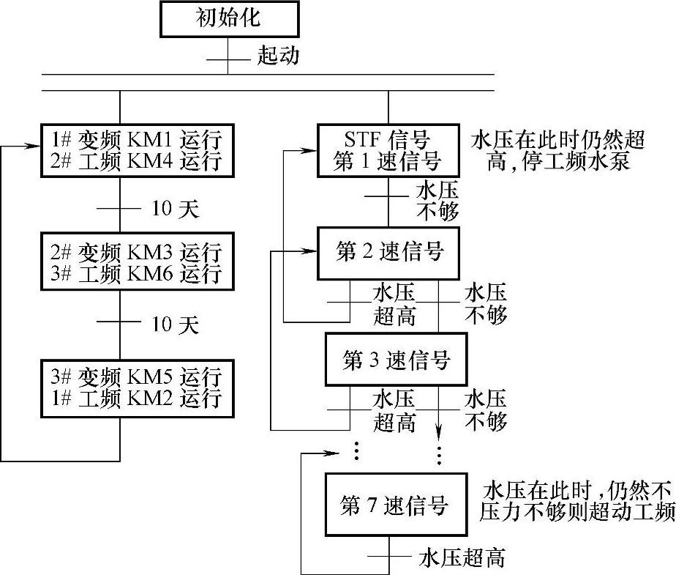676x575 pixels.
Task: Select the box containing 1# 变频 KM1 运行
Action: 137,149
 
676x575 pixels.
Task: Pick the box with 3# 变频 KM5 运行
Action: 137,389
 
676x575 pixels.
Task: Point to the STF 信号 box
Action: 388,150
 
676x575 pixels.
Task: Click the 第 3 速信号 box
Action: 396,360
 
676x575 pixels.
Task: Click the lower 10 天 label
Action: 175,324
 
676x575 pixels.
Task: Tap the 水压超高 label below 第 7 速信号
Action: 462,558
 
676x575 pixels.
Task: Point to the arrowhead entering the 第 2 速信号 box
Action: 312,253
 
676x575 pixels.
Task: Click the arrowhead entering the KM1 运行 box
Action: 36,146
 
